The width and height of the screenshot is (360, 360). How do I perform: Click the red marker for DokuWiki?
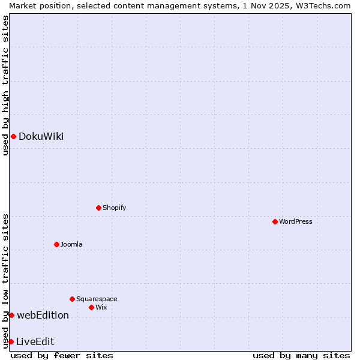pos(13,136)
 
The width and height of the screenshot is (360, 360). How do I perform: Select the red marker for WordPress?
pos(275,221)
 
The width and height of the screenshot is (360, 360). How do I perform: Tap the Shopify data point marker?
pos(99,208)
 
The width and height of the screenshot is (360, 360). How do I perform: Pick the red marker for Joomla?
pos(57,244)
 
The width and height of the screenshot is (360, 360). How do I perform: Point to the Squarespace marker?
pos(73,299)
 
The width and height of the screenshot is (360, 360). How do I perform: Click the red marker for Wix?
pos(92,307)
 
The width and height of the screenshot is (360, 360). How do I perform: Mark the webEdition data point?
pos(11,315)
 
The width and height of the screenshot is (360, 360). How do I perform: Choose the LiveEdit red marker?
pos(11,341)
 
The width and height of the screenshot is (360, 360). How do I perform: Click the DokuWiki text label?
pos(41,136)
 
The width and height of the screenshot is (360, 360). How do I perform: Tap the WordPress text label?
pos(296,221)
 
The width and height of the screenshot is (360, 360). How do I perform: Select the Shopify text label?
pos(114,208)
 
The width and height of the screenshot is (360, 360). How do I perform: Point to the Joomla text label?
pos(71,244)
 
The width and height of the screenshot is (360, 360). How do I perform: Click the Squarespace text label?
pos(97,299)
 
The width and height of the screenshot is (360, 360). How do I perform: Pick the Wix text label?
pos(101,307)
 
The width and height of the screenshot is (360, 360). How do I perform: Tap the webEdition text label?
pos(43,315)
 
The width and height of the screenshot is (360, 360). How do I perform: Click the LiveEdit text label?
pos(35,341)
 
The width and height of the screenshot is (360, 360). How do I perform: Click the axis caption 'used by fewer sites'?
pos(62,355)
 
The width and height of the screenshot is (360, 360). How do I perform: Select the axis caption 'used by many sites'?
pos(301,355)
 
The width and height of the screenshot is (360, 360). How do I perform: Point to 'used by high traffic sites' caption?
pos(5,85)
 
